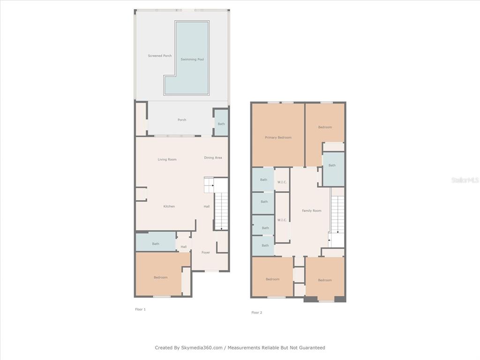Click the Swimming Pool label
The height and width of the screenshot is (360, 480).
192,60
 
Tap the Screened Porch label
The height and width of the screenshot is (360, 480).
160,56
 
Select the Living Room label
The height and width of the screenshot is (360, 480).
167,159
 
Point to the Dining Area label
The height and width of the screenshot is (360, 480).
213,157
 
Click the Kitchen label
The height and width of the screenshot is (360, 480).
169,206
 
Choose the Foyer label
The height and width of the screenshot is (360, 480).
206,253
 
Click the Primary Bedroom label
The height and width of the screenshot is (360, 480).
278,137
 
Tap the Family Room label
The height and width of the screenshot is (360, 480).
312,210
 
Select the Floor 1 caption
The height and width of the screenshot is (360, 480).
141,309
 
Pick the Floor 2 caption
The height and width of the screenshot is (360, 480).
257,313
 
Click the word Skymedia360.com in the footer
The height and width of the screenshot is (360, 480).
202,348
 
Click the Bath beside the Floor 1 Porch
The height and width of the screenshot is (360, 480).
221,124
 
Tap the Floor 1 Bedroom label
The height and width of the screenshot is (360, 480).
161,277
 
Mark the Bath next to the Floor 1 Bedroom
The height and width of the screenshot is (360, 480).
156,244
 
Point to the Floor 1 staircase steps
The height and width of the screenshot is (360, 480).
221,211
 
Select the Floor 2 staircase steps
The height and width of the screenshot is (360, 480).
338,214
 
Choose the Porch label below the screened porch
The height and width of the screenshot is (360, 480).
182,120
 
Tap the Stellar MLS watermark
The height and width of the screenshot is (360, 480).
465,180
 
